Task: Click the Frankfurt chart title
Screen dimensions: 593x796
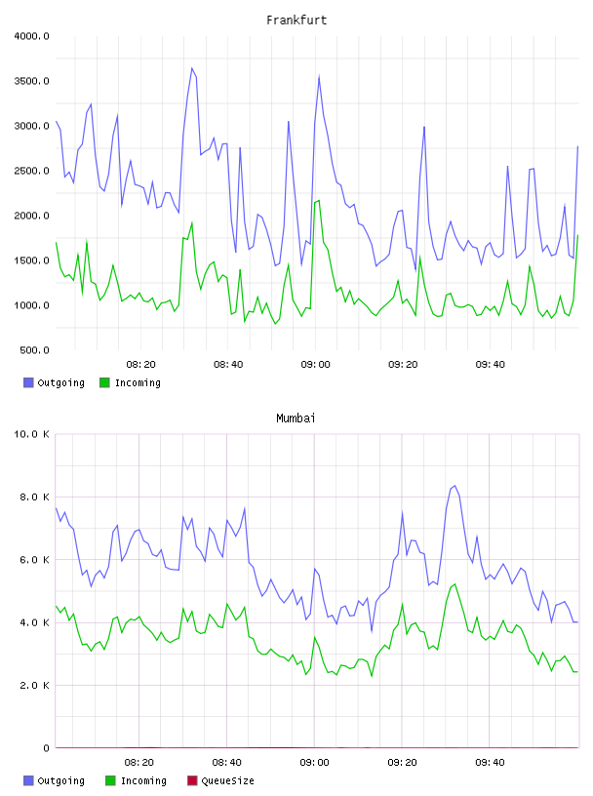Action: coord(296,20)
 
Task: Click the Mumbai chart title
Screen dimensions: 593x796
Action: coord(296,418)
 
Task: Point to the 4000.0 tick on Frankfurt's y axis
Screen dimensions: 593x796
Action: coord(31,36)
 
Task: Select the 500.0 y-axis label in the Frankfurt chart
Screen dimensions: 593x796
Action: coord(34,350)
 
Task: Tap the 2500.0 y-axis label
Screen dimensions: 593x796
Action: coord(31,171)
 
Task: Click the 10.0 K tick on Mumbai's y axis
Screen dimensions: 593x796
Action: coord(31,434)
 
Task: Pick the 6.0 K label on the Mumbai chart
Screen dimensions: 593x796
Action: coord(34,559)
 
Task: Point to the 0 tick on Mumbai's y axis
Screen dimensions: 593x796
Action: coord(46,748)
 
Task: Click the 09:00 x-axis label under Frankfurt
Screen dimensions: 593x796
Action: coord(315,365)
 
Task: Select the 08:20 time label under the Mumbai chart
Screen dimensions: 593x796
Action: coord(139,763)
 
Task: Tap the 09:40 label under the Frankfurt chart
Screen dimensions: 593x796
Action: coord(491,365)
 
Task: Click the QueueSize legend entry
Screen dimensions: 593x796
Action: coord(227,780)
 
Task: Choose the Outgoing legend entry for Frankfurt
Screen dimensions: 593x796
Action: coord(60,382)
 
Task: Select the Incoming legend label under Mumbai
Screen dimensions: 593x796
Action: coord(143,780)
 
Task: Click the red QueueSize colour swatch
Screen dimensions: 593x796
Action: coord(192,780)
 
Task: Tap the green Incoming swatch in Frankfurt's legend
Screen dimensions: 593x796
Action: coord(104,382)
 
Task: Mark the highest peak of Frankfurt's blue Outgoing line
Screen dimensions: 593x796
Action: coord(192,68)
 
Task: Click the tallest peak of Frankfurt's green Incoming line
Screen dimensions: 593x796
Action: coord(318,201)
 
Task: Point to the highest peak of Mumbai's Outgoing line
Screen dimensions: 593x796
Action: coord(455,486)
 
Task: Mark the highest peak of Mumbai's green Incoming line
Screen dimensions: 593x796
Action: coord(455,583)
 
